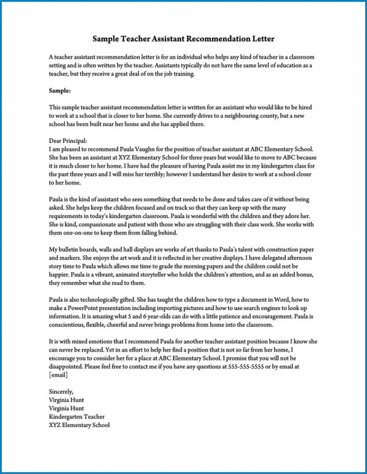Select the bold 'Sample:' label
click(59, 90)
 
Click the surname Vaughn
click(149, 149)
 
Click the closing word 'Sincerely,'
click(61, 392)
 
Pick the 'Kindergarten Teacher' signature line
click(76, 417)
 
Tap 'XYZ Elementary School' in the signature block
click(79, 425)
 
